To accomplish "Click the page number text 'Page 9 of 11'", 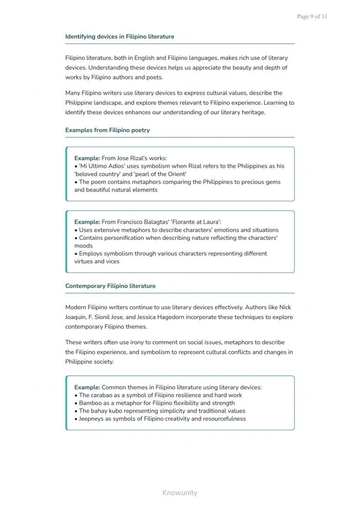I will pyautogui.click(x=312, y=17).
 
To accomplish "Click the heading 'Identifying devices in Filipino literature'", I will pyautogui.click(x=120, y=37).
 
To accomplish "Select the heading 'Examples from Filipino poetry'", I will pyautogui.click(x=107, y=130).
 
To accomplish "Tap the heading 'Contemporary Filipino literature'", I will pyautogui.click(x=110, y=286).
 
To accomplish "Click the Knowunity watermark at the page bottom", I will pyautogui.click(x=180, y=492).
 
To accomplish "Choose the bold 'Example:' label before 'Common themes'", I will pyautogui.click(x=87, y=387).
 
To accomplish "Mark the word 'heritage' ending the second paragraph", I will pyautogui.click(x=251, y=112).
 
